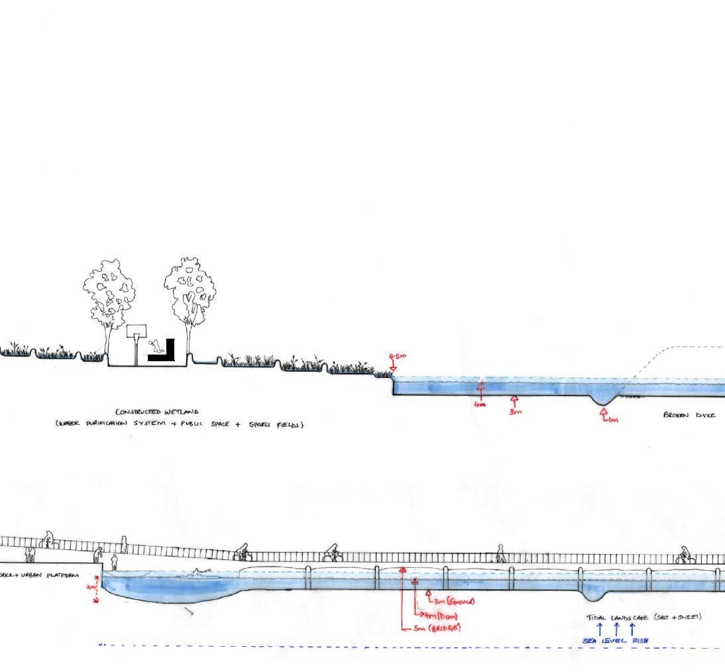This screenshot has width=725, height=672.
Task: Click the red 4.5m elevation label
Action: click(398, 357)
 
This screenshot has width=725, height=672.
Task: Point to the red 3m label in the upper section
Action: click(516, 412)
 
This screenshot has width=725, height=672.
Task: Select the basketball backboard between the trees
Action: click(136, 331)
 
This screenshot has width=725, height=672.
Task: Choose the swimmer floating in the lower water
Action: click(199, 572)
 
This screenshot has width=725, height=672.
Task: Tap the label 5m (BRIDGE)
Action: click(437, 628)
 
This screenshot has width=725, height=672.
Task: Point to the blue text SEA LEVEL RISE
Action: click(616, 641)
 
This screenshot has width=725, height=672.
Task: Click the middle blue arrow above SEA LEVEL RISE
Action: click(616, 628)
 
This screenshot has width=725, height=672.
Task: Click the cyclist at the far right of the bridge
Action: click(684, 555)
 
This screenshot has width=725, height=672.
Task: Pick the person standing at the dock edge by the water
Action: click(114, 562)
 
